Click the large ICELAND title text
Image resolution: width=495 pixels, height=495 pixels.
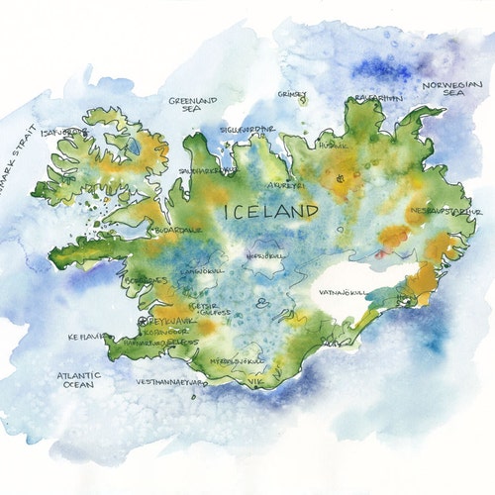(x=271, y=211)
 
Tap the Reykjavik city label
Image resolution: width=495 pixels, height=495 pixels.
(x=159, y=323)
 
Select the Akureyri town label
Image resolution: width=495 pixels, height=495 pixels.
(x=286, y=184)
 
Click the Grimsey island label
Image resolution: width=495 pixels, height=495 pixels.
(x=292, y=95)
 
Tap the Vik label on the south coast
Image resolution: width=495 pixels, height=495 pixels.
(x=256, y=379)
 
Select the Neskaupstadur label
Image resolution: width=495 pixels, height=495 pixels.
(x=444, y=211)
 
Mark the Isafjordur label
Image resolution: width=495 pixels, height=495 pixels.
(x=62, y=131)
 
